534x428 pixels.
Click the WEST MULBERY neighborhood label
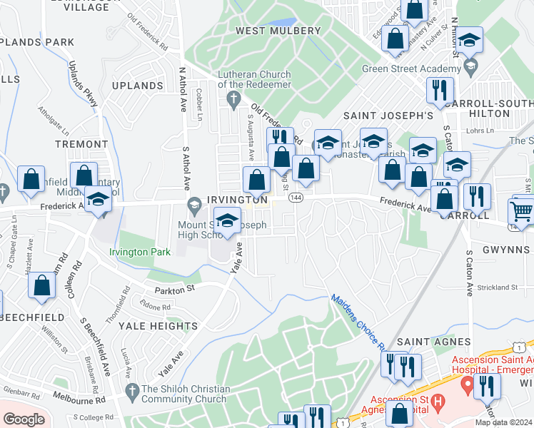pos(278,31)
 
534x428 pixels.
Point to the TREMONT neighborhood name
pos(81,144)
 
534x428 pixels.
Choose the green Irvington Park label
pos(139,252)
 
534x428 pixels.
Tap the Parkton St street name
pos(176,290)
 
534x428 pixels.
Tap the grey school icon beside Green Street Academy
pos(470,66)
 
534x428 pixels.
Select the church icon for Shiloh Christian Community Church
pos(131,390)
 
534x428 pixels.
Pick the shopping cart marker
pos(521,211)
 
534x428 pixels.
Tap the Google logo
pos(24,419)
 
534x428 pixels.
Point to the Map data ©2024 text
pos(503,422)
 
